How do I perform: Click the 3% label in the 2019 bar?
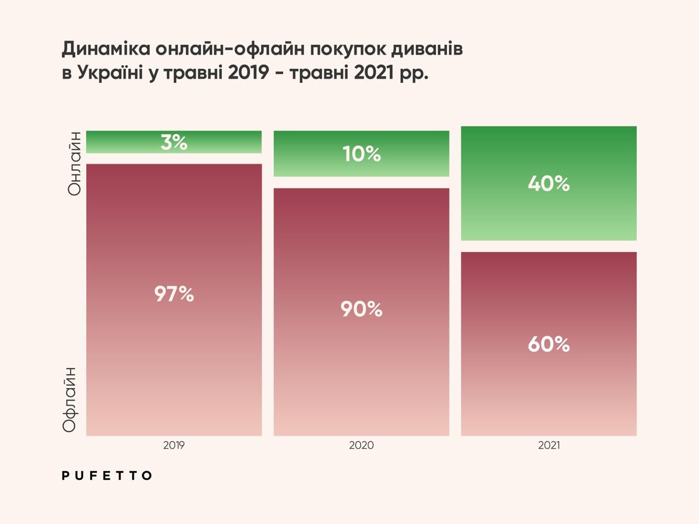coord(174,142)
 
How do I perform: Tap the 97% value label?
coord(174,294)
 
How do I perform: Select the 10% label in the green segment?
coord(362,154)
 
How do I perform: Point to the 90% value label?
coord(362,309)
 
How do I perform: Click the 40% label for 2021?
coord(549,183)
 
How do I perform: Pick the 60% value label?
coord(549,344)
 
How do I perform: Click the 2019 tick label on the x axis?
coord(174,445)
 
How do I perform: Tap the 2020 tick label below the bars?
coord(362,445)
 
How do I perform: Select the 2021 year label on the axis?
coord(549,445)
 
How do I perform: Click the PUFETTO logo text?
coord(107,475)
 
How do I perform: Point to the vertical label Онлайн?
coord(74,163)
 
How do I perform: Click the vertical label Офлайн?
coord(70,400)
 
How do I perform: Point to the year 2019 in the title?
coord(248,73)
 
